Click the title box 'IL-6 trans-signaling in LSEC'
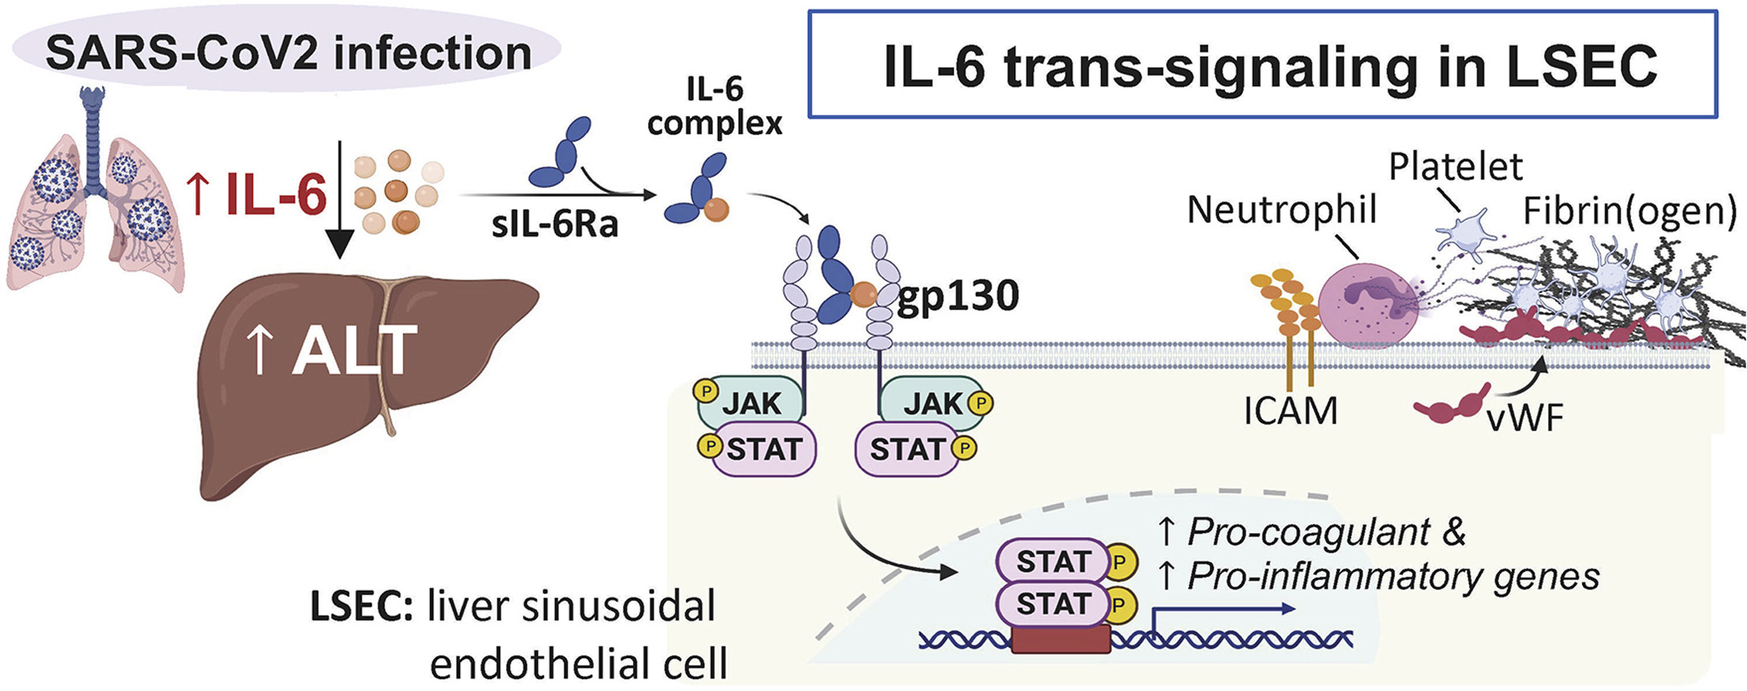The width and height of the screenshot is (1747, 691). (x=1262, y=65)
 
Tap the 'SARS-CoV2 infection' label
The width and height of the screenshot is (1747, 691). (x=289, y=53)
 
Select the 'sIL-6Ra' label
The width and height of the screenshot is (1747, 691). (x=554, y=225)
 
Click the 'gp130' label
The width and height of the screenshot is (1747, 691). (x=958, y=296)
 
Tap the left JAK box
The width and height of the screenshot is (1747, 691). (x=751, y=404)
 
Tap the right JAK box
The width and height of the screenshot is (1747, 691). (x=932, y=404)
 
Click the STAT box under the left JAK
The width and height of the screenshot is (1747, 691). (x=763, y=449)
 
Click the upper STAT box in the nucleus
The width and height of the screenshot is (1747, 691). (x=1053, y=561)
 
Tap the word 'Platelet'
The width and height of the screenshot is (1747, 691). (x=1455, y=167)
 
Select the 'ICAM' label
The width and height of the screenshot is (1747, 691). (x=1291, y=411)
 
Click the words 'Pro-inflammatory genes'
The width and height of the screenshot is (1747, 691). (x=1393, y=577)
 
